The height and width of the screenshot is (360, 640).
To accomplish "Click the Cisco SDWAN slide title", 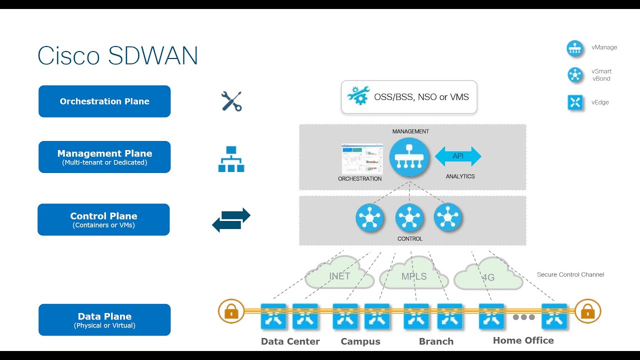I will coord(118,55).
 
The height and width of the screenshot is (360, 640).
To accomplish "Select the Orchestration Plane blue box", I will coord(104,101).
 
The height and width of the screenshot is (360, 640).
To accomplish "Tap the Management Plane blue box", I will coord(104,157).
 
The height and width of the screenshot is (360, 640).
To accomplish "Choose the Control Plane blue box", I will coord(103,219).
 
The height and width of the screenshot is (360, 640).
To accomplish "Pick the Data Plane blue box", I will coord(104,320).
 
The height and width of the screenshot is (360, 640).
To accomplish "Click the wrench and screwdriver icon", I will coord(231,101).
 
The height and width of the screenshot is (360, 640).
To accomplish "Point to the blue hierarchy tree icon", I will coord(231,159).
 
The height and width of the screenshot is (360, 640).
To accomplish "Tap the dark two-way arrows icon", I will coord(231,220).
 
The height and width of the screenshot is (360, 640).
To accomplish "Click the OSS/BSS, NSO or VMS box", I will coord(409,97).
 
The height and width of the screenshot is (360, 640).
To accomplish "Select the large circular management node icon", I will coord(409,157).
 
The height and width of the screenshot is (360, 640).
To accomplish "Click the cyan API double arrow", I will coord(458,156).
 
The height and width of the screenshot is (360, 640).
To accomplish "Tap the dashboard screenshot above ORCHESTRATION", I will coord(362,159).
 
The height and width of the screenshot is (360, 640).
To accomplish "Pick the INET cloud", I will coord(340,274).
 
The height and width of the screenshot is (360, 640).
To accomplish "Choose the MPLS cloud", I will coord(414,275).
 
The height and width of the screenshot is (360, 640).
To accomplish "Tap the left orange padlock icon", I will coord(231,312).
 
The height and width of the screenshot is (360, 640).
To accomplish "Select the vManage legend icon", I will coord(575,48).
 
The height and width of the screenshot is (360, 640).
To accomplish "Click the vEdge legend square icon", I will coord(575,102).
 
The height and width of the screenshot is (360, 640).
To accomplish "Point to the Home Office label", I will coord(523,340).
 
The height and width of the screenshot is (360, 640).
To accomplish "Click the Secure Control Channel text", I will coord(570,274).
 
